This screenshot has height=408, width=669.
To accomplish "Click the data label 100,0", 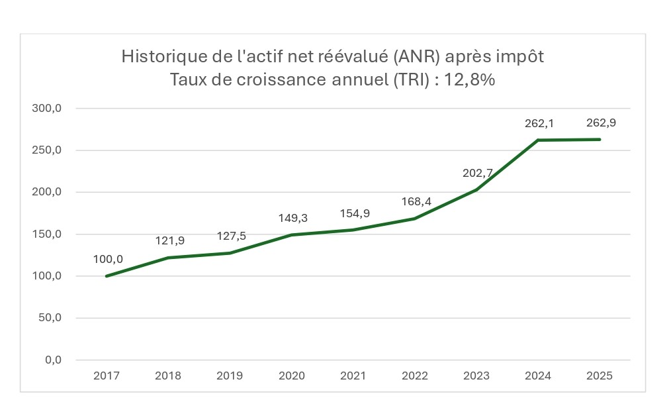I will click(108, 259).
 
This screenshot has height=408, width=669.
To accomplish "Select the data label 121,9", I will click(169, 240).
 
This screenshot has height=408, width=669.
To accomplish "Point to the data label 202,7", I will click(476, 174).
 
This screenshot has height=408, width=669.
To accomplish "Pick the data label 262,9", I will click(601, 123).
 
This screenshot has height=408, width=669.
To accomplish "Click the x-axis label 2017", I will click(107, 376).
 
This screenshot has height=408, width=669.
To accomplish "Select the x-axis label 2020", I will click(292, 376).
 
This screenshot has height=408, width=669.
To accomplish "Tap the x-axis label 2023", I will click(476, 376).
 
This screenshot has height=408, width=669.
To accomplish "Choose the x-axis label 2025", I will click(600, 376).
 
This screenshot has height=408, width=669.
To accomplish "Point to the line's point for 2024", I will click(538, 140).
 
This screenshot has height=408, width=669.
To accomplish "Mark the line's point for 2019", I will click(230, 253).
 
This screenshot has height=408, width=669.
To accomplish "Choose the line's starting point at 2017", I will click(107, 276).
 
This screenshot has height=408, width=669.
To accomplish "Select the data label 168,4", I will click(415, 201).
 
